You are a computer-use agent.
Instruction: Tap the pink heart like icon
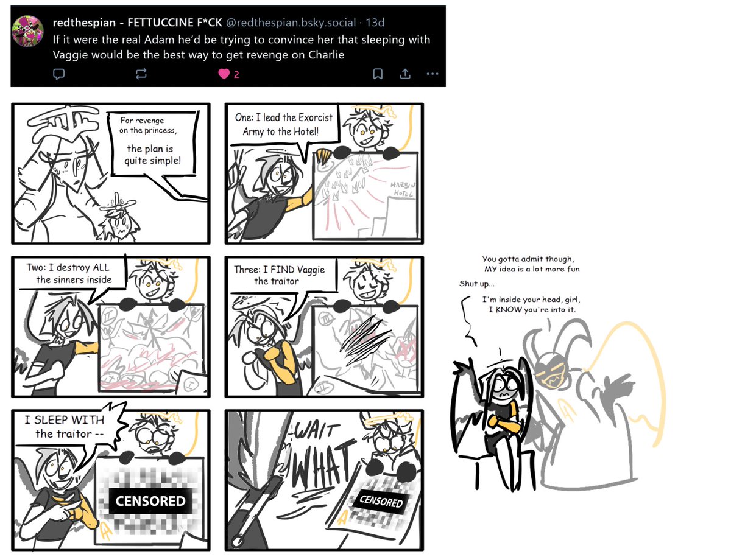(224, 74)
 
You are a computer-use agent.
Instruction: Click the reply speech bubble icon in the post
(59, 74)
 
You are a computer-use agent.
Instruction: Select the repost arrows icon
(141, 74)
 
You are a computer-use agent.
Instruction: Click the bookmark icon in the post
(378, 74)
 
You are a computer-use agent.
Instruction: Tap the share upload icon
(404, 74)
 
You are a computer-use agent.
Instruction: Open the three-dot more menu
(432, 74)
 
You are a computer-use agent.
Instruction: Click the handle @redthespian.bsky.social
(292, 23)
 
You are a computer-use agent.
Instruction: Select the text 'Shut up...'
(476, 284)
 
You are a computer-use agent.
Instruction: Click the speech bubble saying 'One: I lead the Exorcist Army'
(276, 124)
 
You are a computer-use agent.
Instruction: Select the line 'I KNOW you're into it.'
(532, 310)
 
